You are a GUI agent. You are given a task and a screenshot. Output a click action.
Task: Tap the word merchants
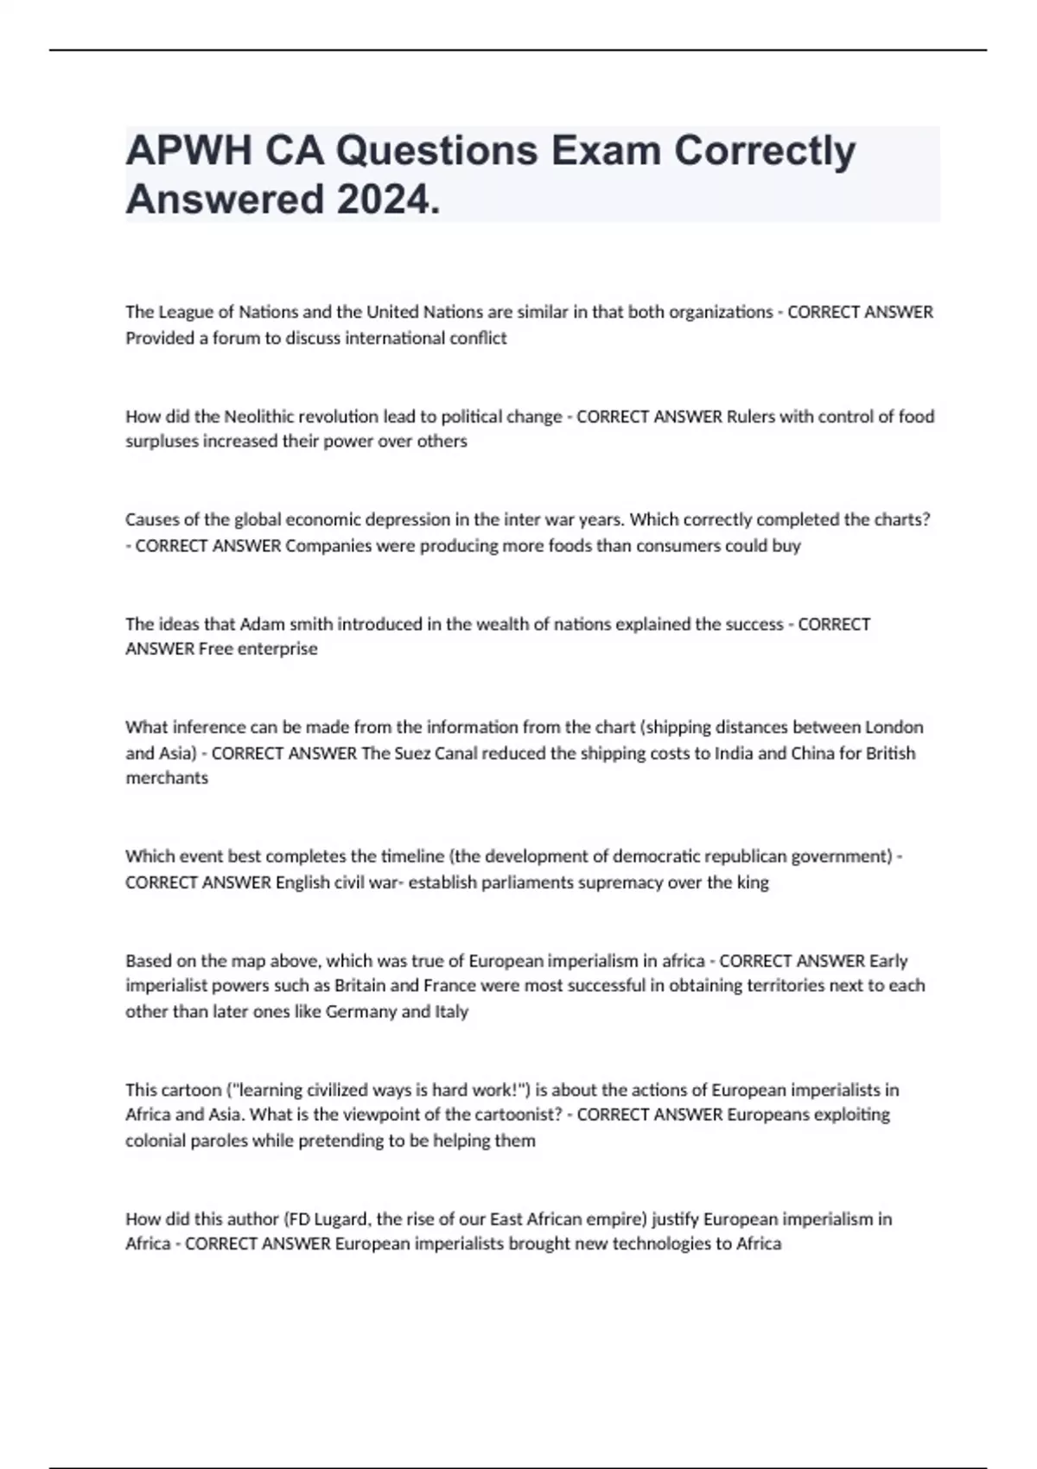click(167, 778)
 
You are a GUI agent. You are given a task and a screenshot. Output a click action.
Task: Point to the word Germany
click(359, 1011)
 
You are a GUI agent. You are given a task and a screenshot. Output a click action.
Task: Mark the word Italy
click(451, 1011)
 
